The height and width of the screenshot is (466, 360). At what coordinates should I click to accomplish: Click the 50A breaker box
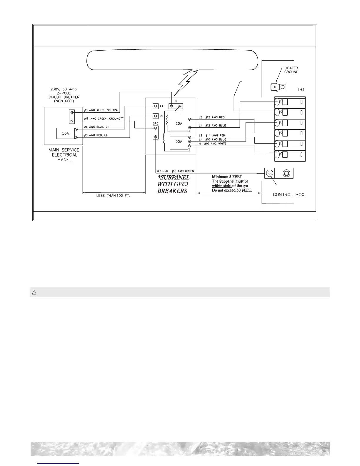pos(66,133)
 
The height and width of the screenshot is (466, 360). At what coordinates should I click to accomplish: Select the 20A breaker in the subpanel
pos(179,124)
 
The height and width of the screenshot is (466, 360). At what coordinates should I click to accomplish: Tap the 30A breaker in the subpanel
pos(179,142)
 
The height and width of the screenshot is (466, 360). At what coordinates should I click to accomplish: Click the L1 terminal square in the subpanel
pos(156,106)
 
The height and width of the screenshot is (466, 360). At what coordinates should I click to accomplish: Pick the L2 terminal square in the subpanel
pos(156,116)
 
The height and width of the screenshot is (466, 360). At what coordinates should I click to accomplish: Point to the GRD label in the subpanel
pos(156,124)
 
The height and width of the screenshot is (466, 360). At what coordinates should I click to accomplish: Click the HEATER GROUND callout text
pos(291,70)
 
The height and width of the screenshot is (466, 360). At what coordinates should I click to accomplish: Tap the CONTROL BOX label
pos(289,195)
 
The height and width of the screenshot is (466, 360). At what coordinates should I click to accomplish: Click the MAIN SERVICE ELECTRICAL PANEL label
pos(64,155)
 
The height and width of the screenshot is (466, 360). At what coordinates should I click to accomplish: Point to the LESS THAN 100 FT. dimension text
pos(113,196)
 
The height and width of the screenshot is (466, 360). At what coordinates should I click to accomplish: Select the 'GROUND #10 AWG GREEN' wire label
pos(175,171)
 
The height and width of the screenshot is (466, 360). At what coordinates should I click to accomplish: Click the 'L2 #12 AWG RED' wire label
pos(211,117)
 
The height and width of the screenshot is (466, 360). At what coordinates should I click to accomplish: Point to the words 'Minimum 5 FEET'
pos(227,177)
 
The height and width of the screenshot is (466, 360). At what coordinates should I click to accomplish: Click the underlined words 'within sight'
pos(221,186)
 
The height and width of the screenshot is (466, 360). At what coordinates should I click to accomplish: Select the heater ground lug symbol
pos(278,87)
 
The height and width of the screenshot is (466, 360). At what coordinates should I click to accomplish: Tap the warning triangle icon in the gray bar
pos(34,292)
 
